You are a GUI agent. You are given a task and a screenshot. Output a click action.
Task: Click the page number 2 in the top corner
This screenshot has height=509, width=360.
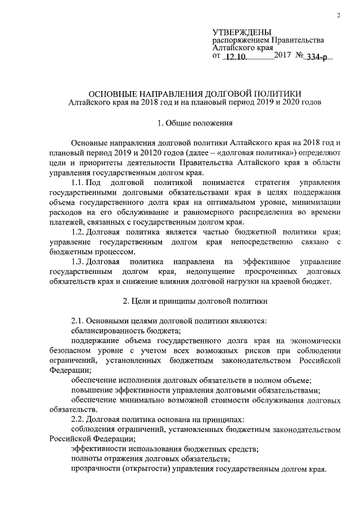340,15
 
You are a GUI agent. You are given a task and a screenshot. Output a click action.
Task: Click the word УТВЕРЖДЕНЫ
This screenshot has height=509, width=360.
242,32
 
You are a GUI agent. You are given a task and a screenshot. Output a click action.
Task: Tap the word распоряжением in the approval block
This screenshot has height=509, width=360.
241,40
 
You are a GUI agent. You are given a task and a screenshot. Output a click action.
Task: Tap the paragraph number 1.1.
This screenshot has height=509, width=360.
80,183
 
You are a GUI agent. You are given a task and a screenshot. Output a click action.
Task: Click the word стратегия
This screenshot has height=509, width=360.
274,183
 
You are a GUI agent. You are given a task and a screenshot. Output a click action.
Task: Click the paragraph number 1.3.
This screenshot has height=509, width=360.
80,262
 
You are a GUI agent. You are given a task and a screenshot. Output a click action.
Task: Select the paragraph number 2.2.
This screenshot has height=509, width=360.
80,420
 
